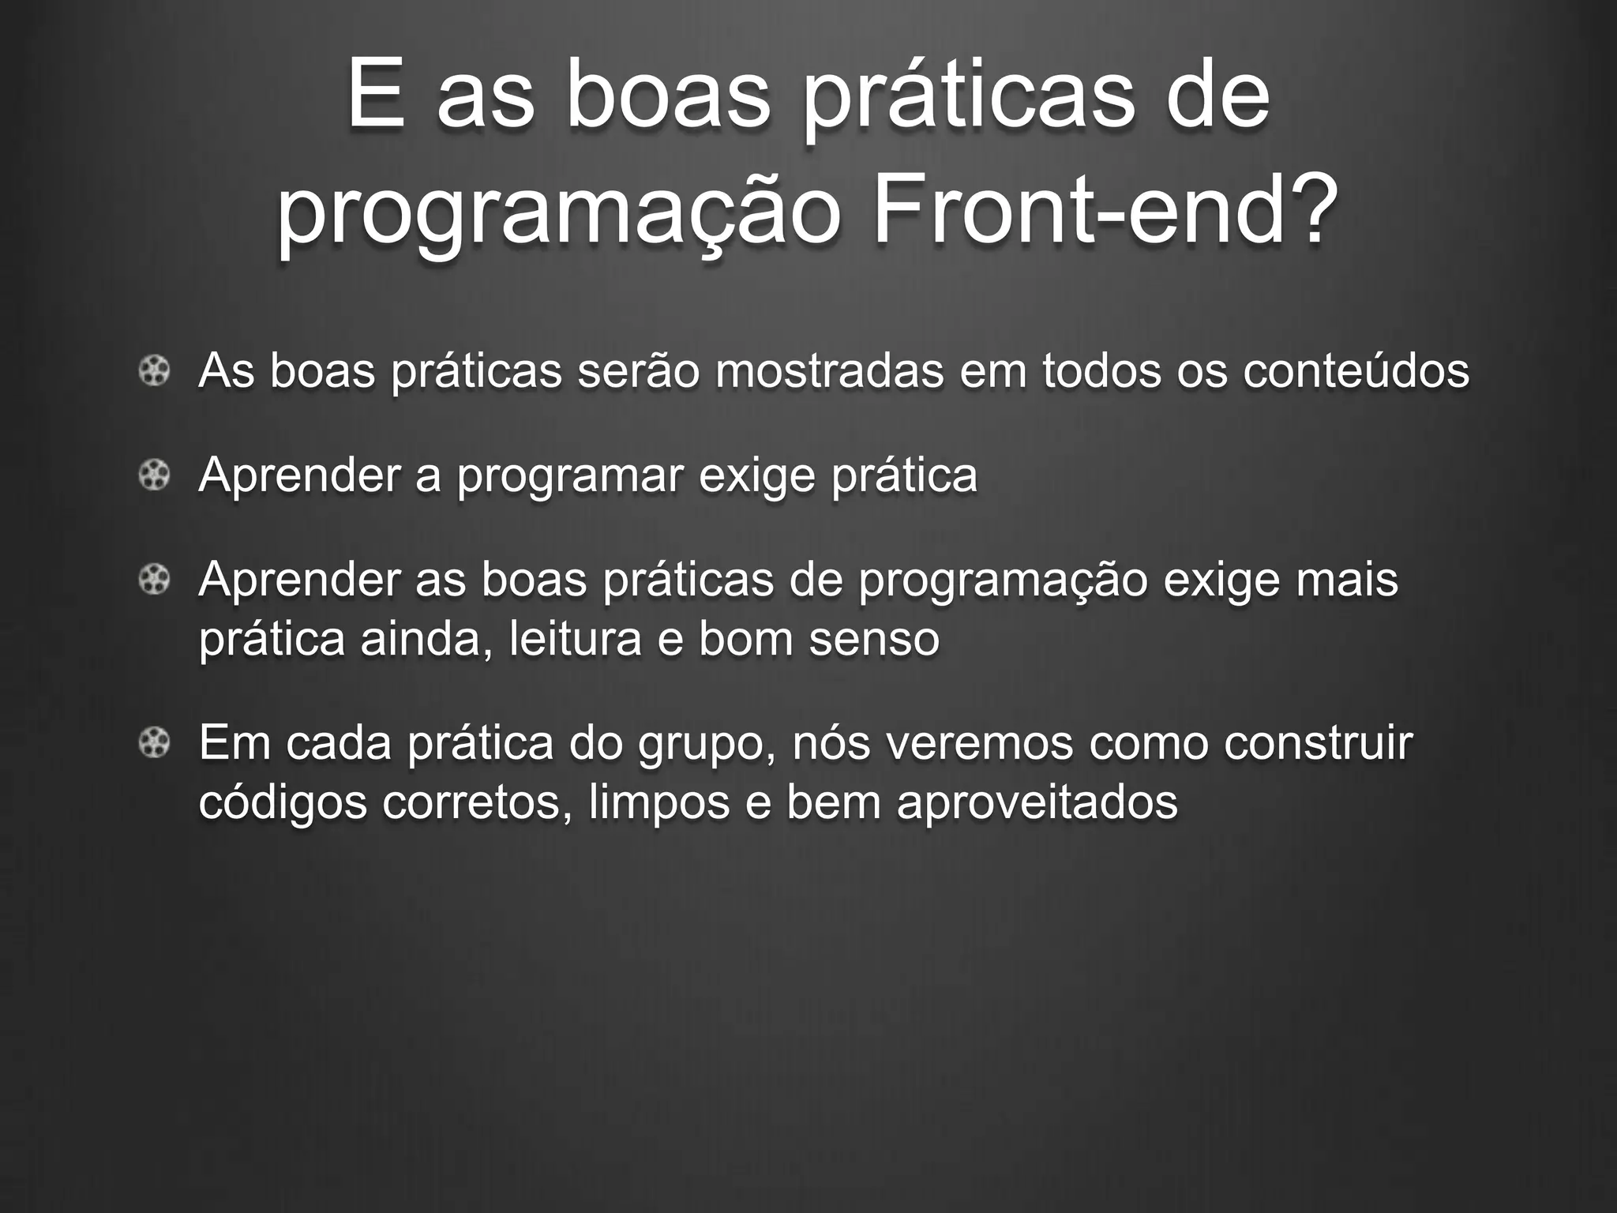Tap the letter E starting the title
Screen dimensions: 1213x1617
375,96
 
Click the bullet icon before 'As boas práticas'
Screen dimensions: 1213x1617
155,370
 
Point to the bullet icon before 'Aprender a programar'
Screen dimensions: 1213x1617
155,475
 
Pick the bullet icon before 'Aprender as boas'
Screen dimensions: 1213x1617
155,580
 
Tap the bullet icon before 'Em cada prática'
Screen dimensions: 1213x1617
155,743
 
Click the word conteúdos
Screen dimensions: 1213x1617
1356,370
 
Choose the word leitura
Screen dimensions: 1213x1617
575,639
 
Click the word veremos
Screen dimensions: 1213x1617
932,743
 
